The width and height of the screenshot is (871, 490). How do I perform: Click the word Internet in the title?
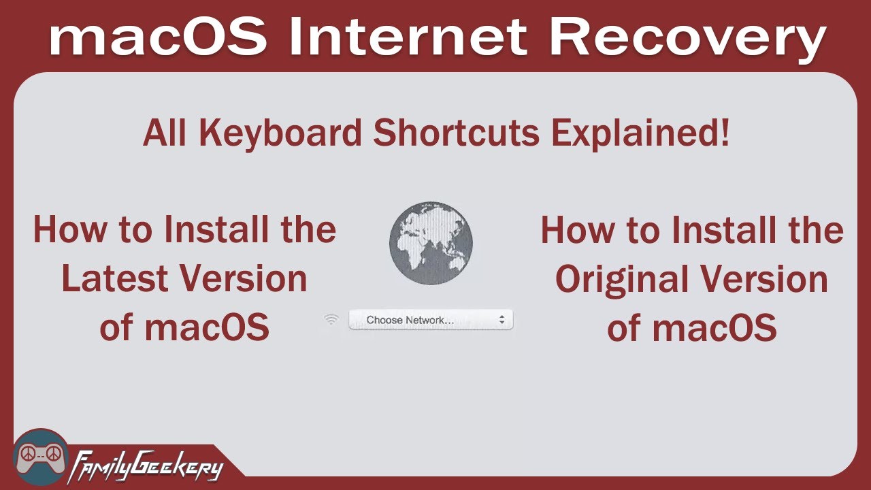pyautogui.click(x=406, y=38)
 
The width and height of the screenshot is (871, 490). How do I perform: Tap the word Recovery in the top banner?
pyautogui.click(x=687, y=39)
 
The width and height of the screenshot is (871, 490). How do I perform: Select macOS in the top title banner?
pyautogui.click(x=157, y=38)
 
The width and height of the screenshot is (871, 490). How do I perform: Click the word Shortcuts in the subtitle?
pyautogui.click(x=456, y=133)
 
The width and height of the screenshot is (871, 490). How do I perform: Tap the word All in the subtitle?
pyautogui.click(x=163, y=133)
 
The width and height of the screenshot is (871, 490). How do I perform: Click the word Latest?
pyautogui.click(x=114, y=279)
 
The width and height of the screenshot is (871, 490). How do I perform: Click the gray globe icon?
pyautogui.click(x=431, y=243)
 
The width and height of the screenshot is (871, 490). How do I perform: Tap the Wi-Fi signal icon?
pyautogui.click(x=331, y=319)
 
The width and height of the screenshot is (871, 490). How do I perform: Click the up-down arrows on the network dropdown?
pyautogui.click(x=502, y=320)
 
